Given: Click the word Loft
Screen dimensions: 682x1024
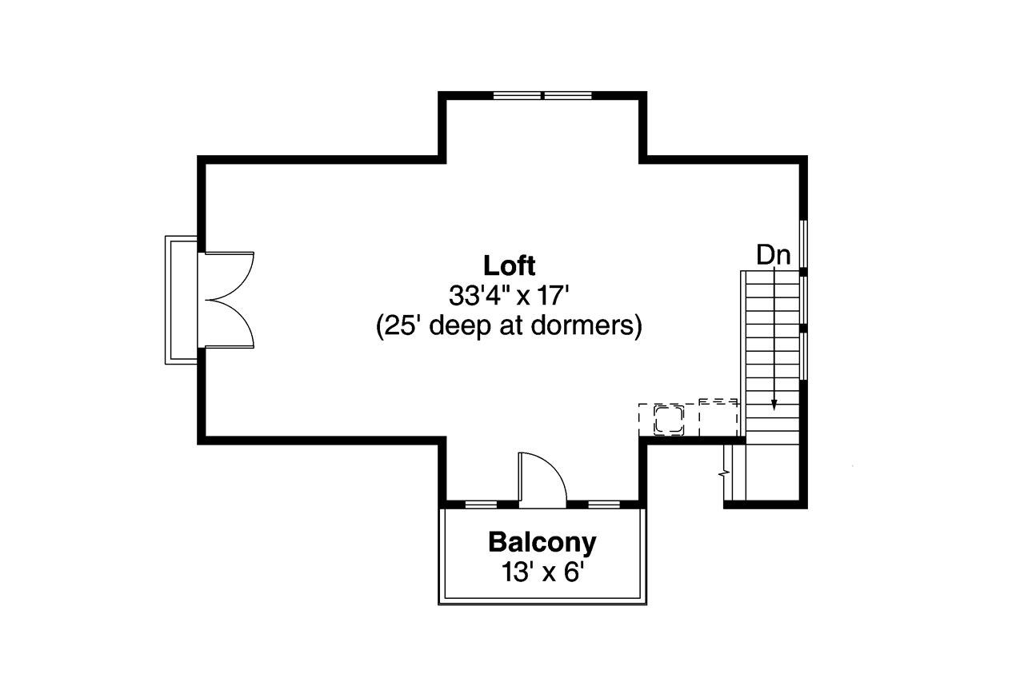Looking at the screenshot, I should (x=509, y=265).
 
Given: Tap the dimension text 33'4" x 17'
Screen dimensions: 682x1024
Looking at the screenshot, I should (x=509, y=296).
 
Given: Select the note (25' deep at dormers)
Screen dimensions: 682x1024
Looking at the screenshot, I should (x=509, y=327).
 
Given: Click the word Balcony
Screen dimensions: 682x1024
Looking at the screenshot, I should (x=542, y=542).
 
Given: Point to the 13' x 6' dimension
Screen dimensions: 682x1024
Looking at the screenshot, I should (x=542, y=572).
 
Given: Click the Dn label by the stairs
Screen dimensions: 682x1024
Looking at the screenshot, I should (x=774, y=255).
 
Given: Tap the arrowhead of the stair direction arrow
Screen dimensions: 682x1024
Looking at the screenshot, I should (x=774, y=405).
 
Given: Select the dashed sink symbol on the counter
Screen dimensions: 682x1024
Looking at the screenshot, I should (x=668, y=419).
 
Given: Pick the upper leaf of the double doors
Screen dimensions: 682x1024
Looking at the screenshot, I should (x=230, y=274).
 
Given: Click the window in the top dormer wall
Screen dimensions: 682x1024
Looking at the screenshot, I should (x=542, y=95).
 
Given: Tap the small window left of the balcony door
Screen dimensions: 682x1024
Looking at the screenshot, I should (x=481, y=505).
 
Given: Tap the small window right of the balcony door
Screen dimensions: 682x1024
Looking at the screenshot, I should (x=604, y=505).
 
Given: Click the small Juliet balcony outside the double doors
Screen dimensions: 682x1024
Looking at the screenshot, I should (x=182, y=300).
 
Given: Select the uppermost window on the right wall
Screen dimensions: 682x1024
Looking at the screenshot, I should (x=803, y=243).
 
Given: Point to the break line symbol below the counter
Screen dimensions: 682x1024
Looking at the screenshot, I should (x=726, y=471).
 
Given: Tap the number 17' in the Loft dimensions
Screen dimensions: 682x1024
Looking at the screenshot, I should (x=552, y=296).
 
